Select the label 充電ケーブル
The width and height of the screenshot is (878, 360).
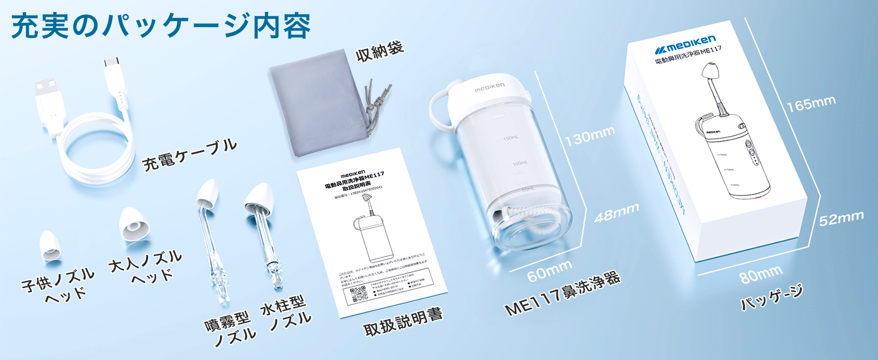tap(190, 156)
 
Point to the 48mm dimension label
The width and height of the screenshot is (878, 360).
tap(615, 214)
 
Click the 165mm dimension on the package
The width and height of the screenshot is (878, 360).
tap(810, 103)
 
